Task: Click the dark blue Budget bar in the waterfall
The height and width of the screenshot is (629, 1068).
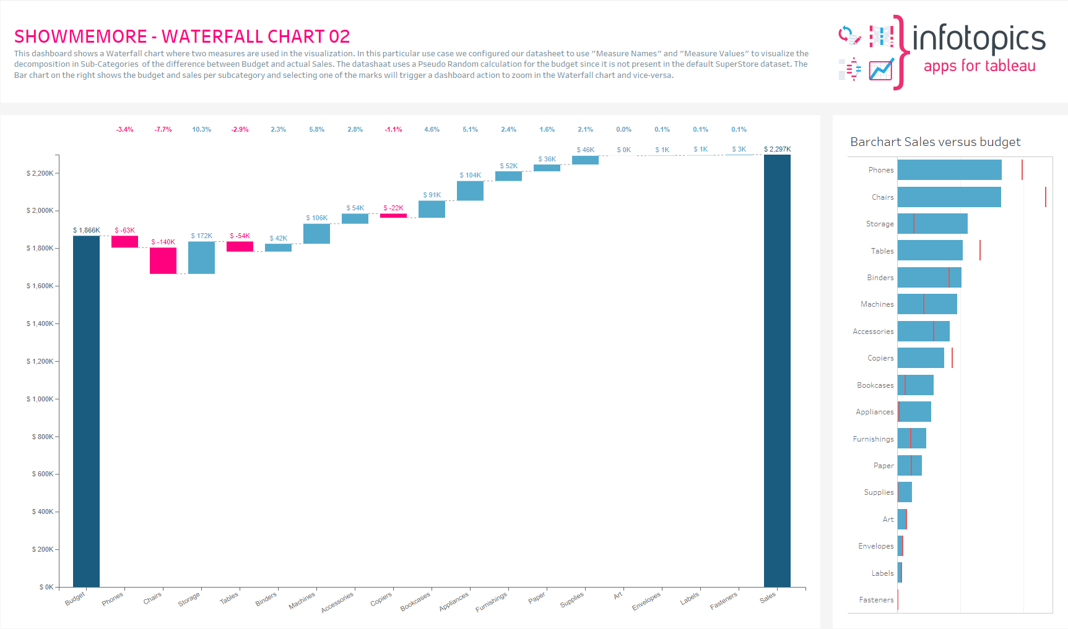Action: [x=86, y=411]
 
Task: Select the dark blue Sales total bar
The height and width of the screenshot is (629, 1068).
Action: [x=777, y=371]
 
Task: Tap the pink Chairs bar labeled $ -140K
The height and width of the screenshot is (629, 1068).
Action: [x=163, y=260]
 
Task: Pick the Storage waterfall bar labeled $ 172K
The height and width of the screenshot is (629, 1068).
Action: [x=201, y=257]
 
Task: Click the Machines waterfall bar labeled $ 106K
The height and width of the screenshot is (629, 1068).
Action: [x=316, y=233]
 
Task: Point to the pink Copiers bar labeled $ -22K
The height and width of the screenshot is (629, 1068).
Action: [x=393, y=215]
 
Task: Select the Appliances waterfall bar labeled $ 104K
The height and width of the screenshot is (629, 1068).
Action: [x=470, y=190]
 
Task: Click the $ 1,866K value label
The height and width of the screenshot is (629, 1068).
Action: [x=87, y=230]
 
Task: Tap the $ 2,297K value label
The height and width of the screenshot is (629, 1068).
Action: [x=777, y=149]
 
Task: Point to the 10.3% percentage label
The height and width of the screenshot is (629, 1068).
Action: [x=201, y=129]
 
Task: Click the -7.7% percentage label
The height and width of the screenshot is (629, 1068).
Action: [x=163, y=129]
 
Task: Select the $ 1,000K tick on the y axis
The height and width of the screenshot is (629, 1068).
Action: [x=40, y=399]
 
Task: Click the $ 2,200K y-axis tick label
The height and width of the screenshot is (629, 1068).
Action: [x=40, y=173]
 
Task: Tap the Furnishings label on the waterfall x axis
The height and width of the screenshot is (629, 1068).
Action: [x=491, y=602]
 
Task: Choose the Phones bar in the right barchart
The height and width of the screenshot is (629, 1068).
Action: [x=949, y=170]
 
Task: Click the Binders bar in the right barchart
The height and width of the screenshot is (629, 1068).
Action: [x=929, y=278]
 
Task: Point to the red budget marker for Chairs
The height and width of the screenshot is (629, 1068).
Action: [x=1045, y=197]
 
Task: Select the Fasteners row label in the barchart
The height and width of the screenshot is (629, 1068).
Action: [x=876, y=600]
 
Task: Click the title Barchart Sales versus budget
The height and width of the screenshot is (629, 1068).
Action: [x=935, y=142]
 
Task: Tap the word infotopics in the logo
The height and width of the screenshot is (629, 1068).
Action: [x=978, y=38]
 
